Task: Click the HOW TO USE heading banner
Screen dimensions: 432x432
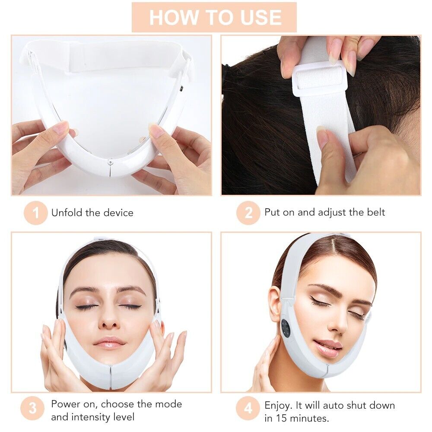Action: click(x=214, y=17)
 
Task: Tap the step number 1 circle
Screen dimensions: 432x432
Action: click(x=35, y=213)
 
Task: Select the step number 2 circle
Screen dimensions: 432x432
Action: click(x=248, y=213)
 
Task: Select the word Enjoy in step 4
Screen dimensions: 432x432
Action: click(x=278, y=405)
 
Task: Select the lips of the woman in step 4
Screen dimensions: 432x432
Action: click(x=327, y=347)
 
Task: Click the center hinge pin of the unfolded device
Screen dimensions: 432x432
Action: click(x=110, y=161)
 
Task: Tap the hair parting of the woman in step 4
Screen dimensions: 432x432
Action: click(x=332, y=251)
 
